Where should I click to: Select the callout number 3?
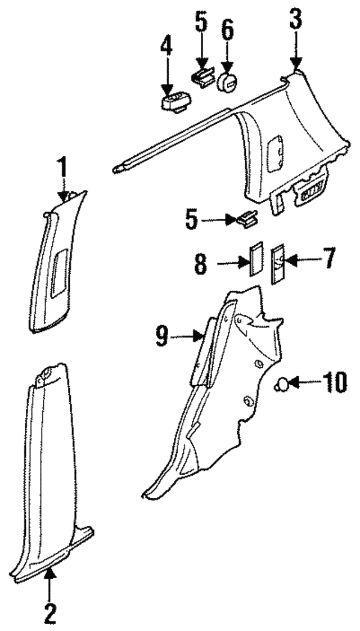click(x=296, y=23)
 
